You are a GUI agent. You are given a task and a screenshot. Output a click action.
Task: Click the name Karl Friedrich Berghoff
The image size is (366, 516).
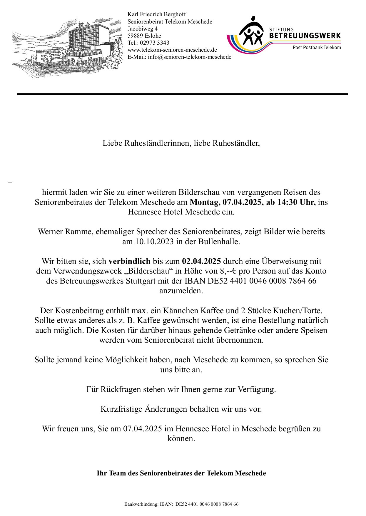tap(157, 14)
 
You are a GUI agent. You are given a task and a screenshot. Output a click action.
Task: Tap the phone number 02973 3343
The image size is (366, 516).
tap(154, 43)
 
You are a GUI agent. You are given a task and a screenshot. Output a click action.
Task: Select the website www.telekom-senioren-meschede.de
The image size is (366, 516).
tap(172, 50)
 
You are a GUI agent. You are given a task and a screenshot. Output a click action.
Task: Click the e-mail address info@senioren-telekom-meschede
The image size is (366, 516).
tap(190, 57)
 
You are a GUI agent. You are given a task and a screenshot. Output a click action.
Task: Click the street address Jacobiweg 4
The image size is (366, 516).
tap(143, 29)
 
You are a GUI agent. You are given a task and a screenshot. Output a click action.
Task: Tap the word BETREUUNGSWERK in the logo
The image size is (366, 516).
tap(305, 36)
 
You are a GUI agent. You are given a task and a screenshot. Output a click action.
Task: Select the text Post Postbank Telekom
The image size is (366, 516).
tap(317, 48)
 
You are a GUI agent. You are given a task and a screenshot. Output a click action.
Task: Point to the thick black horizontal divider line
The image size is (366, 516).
tap(182, 94)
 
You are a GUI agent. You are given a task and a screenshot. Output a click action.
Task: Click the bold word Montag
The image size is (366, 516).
tap(205, 202)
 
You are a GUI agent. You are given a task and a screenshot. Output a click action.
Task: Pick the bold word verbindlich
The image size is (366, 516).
tap(129, 261)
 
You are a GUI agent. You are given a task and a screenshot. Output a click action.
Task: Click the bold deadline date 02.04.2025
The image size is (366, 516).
tap(201, 261)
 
